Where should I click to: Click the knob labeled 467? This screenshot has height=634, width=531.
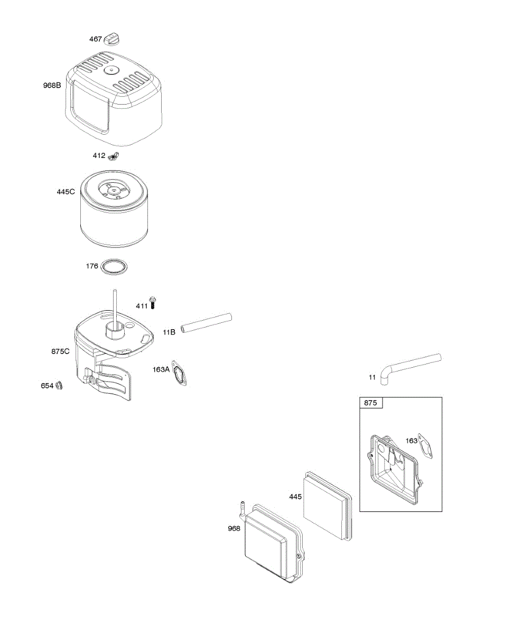(113, 39)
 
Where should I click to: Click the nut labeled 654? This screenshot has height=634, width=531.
(60, 385)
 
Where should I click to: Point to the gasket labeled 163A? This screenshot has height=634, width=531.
(180, 374)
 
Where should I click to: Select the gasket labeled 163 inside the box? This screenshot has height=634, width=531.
(426, 444)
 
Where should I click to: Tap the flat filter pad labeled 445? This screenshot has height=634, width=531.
(328, 504)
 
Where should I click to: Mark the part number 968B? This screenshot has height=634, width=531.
(52, 85)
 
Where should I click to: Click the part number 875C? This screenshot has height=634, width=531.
(60, 351)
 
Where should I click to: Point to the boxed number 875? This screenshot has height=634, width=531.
(371, 403)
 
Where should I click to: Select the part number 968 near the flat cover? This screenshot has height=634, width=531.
(234, 528)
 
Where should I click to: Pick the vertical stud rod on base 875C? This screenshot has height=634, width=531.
(114, 306)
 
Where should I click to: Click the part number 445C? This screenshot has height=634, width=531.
(66, 192)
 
